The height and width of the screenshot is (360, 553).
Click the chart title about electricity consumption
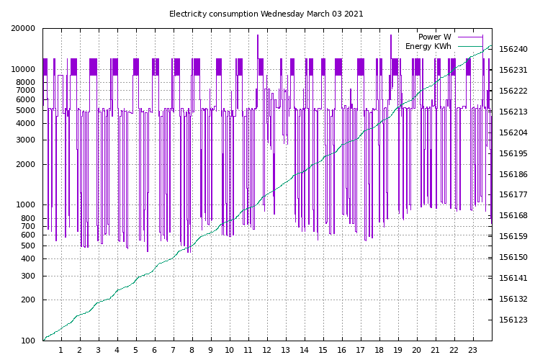266,14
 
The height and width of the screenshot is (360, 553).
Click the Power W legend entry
435,37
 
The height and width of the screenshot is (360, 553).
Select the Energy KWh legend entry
428,47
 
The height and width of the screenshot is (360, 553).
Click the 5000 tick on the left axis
27,110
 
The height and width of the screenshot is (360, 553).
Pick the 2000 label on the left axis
27,164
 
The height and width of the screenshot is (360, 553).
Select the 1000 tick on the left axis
27,205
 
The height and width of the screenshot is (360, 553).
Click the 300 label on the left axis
30,276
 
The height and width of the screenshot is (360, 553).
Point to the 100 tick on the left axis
30,341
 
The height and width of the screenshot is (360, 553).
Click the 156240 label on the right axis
513,50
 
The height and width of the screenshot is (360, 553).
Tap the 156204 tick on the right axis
513,132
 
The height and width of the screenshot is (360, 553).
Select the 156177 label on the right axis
513,194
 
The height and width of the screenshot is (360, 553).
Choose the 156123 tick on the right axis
513,319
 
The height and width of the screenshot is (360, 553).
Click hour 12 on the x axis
266,350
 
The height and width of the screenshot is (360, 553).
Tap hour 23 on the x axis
472,350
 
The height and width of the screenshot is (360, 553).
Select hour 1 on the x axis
61,350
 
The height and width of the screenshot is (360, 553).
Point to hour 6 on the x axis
155,350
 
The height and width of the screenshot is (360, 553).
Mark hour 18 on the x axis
379,350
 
